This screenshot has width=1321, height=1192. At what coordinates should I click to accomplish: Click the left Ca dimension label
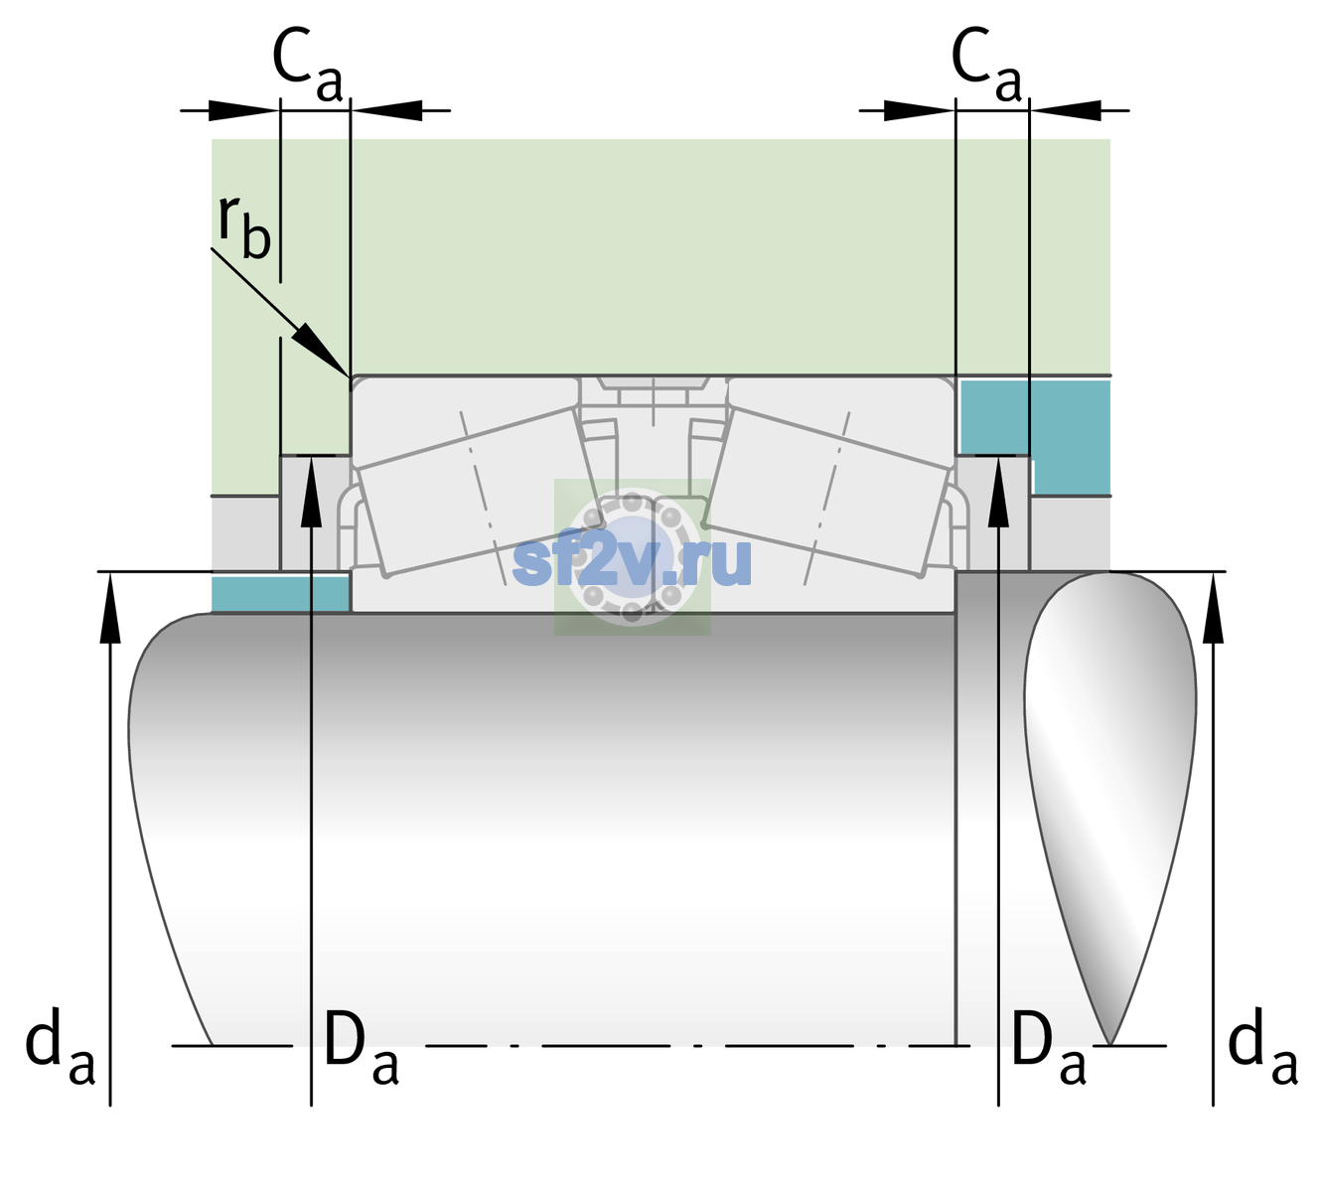(x=307, y=66)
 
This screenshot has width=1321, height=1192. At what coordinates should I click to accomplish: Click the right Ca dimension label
(x=986, y=66)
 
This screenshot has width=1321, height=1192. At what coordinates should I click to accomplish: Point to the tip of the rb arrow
(x=349, y=375)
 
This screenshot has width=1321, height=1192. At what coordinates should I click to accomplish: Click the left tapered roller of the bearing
(x=479, y=492)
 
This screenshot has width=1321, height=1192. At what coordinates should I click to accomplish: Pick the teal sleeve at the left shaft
(x=280, y=593)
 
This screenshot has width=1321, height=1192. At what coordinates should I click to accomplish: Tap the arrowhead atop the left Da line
(x=312, y=493)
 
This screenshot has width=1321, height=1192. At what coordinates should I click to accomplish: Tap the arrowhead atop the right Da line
(x=998, y=493)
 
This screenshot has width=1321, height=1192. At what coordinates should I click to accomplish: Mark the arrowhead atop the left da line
(x=110, y=607)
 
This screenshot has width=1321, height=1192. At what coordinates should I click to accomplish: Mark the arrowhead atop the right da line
(x=1213, y=607)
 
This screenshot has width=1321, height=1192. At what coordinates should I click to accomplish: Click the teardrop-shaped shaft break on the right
(x=1110, y=808)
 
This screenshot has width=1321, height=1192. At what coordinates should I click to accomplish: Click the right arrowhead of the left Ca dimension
(x=386, y=110)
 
